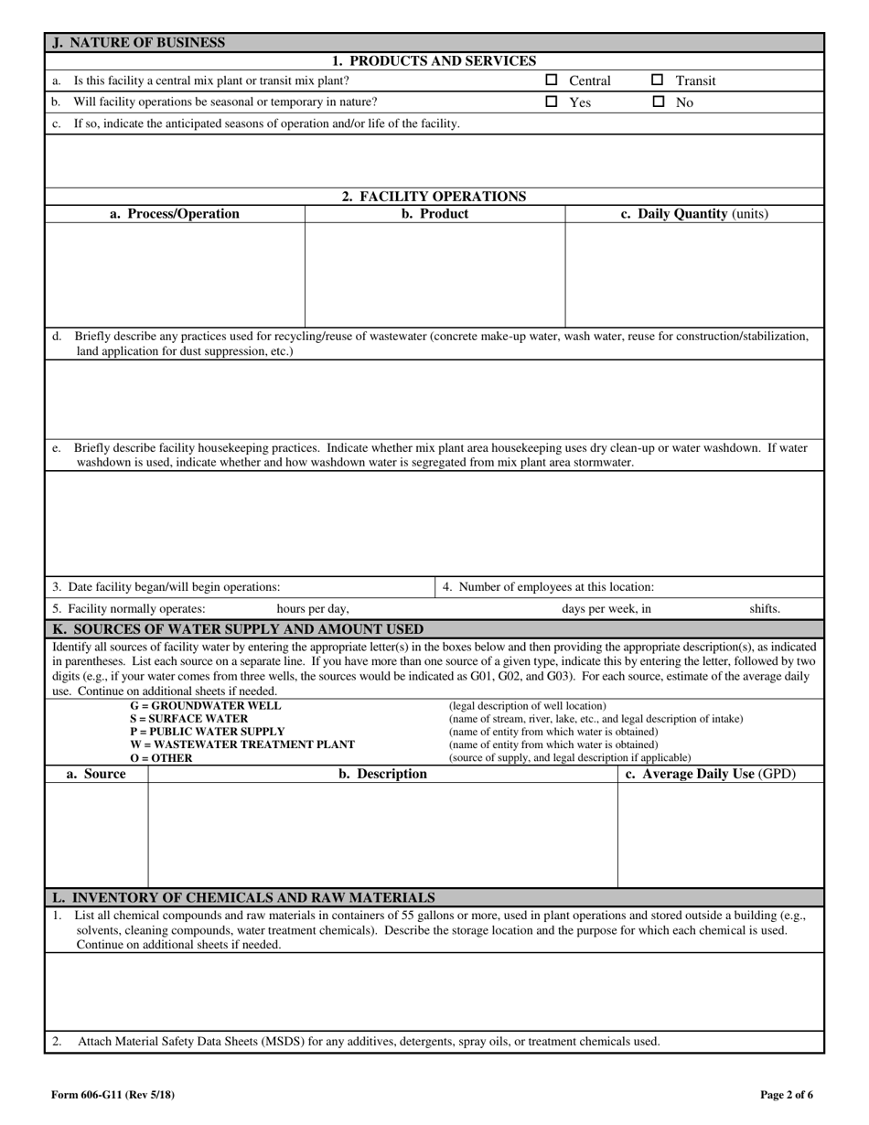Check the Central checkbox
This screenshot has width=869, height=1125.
coord(552,80)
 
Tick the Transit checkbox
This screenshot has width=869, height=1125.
coord(658,80)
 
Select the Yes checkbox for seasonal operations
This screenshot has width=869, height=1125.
coord(552,102)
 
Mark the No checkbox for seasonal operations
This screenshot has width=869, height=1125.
coord(658,102)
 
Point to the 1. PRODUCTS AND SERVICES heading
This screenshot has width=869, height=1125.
coord(434,61)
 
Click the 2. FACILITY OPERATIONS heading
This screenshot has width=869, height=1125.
coord(434,196)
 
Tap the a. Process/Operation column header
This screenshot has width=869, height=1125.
coord(175,214)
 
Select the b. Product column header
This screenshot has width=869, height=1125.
coord(434,214)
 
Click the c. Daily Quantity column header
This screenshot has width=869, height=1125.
coord(694,214)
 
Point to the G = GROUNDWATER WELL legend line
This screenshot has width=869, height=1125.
coord(205,706)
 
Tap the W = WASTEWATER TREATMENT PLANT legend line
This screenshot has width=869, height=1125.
coord(242,745)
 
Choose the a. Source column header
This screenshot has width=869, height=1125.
coord(96,774)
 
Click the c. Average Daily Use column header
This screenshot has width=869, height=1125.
coord(710,774)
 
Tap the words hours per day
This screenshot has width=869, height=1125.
coord(313,608)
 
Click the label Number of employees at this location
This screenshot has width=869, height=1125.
coord(548,587)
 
